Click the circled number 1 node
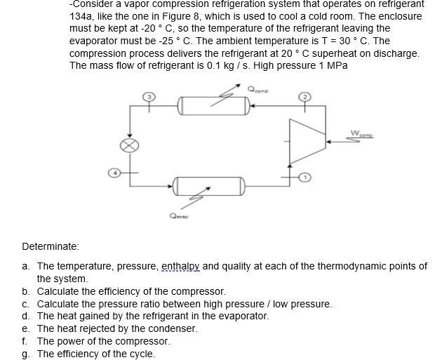tap(304, 178)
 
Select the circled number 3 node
tap(147, 97)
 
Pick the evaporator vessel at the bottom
tap(209, 187)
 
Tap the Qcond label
tap(257, 89)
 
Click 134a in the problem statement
tap(81, 15)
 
